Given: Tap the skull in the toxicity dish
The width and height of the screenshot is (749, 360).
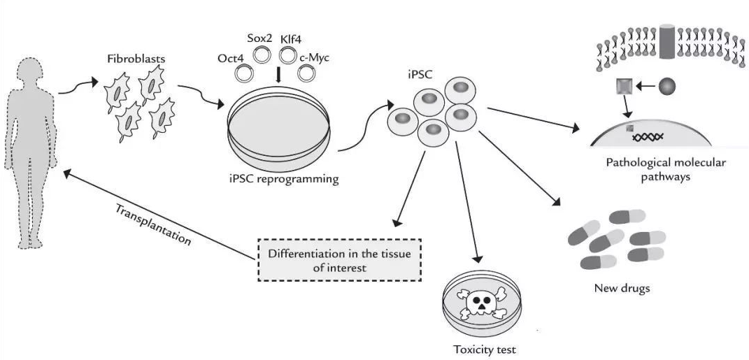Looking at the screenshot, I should coord(479,303).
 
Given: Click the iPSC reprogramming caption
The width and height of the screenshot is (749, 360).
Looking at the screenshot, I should coord(284,179).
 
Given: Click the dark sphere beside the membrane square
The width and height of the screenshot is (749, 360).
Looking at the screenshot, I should coord(667,86).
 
